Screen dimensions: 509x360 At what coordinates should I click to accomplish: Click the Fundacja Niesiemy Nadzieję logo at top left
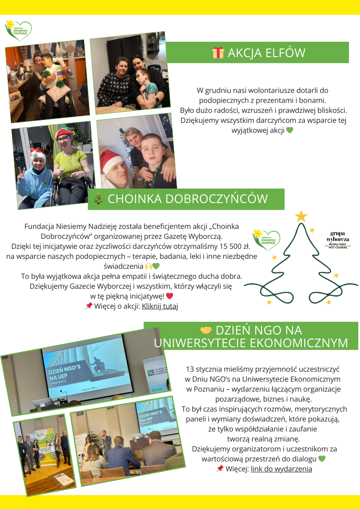[x=18, y=30]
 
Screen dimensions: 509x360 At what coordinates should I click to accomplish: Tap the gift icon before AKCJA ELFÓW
[x=218, y=53]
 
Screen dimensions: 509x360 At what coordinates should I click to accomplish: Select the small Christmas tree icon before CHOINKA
[x=97, y=199]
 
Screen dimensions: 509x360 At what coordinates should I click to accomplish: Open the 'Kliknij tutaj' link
[x=160, y=306]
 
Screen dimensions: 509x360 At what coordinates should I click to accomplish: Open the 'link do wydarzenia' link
[x=281, y=469]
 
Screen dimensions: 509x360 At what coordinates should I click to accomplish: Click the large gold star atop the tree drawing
[x=301, y=216]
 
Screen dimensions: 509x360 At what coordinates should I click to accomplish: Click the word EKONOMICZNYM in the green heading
[x=300, y=343]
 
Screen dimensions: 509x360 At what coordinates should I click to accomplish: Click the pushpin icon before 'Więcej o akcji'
[x=89, y=306]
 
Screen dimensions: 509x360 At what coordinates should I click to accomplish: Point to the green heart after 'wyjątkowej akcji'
[x=290, y=131]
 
